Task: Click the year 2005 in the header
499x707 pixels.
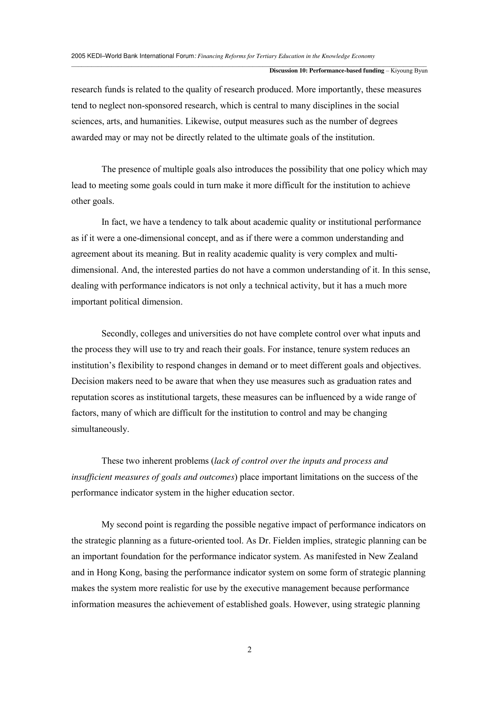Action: (78, 56)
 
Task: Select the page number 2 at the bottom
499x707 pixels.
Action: (249, 649)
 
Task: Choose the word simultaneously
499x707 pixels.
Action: (100, 429)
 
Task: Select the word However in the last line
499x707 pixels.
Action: (310, 604)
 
